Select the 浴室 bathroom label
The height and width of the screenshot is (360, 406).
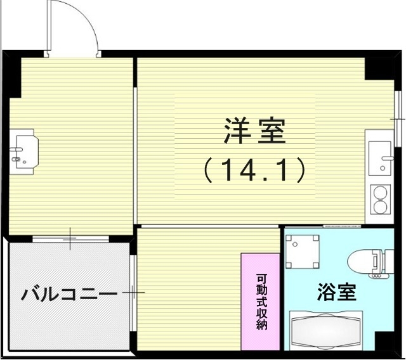336,292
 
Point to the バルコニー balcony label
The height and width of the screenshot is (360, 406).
69,295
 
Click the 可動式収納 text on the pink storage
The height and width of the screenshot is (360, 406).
261,302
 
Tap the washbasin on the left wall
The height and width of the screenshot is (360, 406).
24,151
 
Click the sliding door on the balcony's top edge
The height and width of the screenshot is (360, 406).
70,239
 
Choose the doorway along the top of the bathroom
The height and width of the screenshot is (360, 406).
324,226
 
